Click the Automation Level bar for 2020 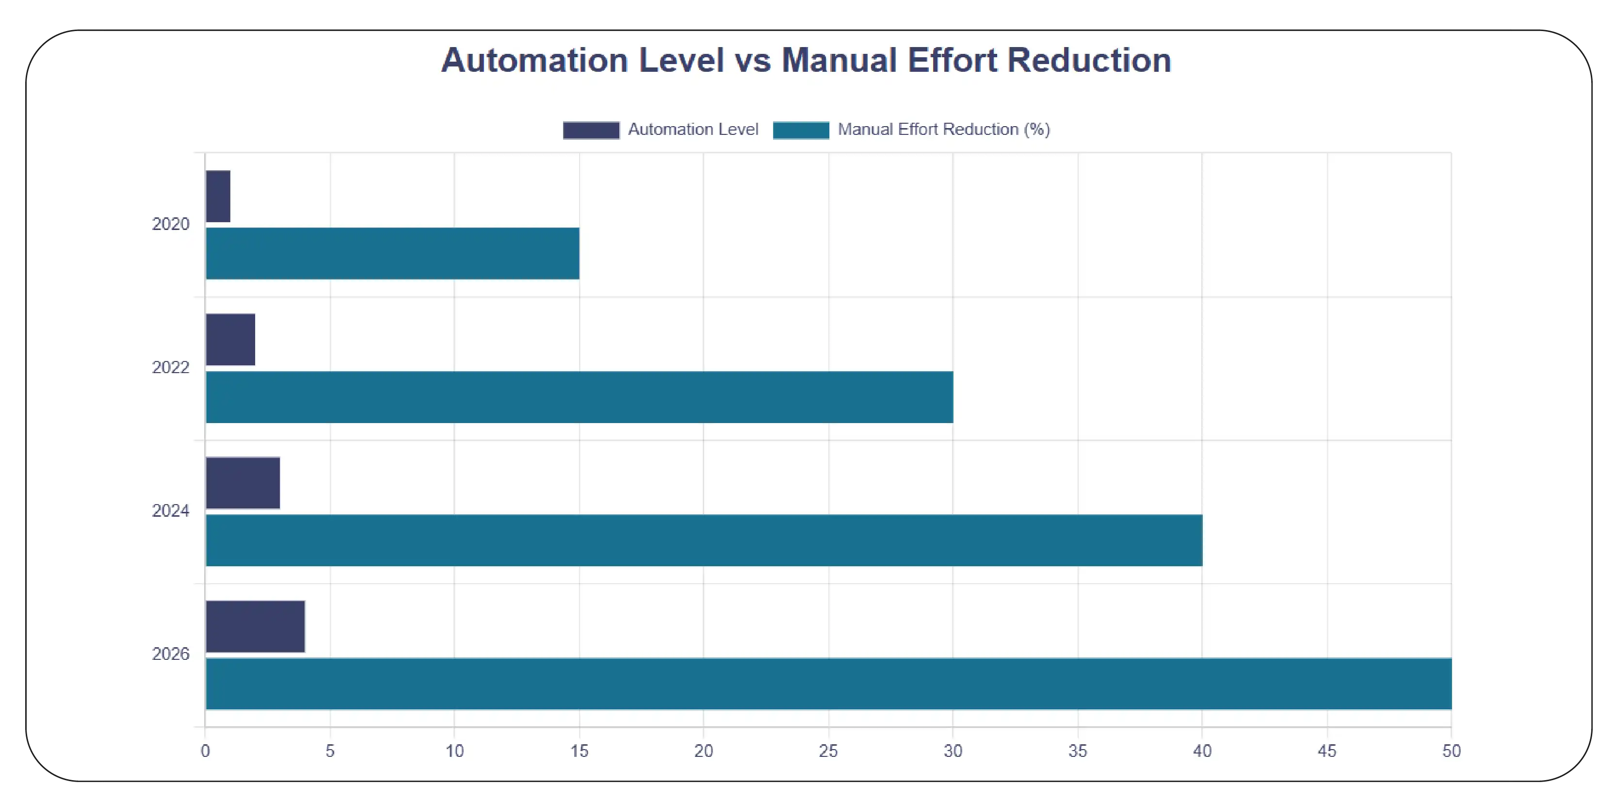[x=218, y=196]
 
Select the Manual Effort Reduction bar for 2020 [x=392, y=253]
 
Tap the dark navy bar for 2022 [x=231, y=339]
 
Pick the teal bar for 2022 [x=579, y=397]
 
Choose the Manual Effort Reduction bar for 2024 [x=704, y=540]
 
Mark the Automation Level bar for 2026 [x=256, y=626]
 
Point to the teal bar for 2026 [x=828, y=684]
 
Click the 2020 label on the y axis [x=171, y=224]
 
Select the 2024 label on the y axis [x=171, y=510]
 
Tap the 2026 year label [x=171, y=654]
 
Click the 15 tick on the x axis [x=579, y=751]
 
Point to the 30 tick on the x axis [x=953, y=751]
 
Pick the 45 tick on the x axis [x=1326, y=751]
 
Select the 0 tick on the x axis [x=205, y=751]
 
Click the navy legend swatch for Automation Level [x=591, y=130]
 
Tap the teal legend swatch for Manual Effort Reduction [x=801, y=130]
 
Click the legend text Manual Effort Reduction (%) [x=944, y=129]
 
